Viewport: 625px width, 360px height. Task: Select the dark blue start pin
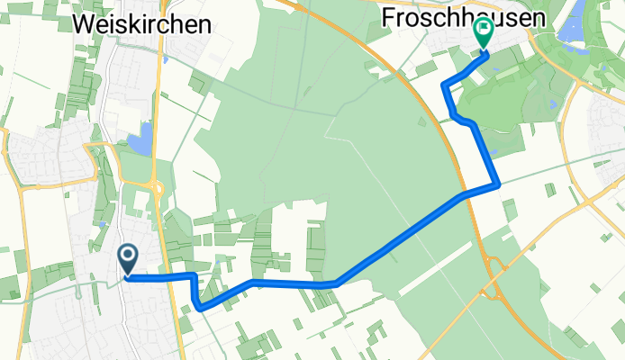[x=128, y=260]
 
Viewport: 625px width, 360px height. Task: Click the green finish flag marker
[x=482, y=33]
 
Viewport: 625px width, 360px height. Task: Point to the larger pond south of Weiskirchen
[x=140, y=141]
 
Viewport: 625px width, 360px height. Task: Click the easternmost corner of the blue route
[x=498, y=185]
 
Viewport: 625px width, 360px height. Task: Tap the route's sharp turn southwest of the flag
[x=444, y=84]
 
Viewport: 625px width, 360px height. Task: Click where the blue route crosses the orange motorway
[x=464, y=193]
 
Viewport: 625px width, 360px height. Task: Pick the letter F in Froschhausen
[x=387, y=17]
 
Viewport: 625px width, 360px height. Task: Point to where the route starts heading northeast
[x=335, y=283]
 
